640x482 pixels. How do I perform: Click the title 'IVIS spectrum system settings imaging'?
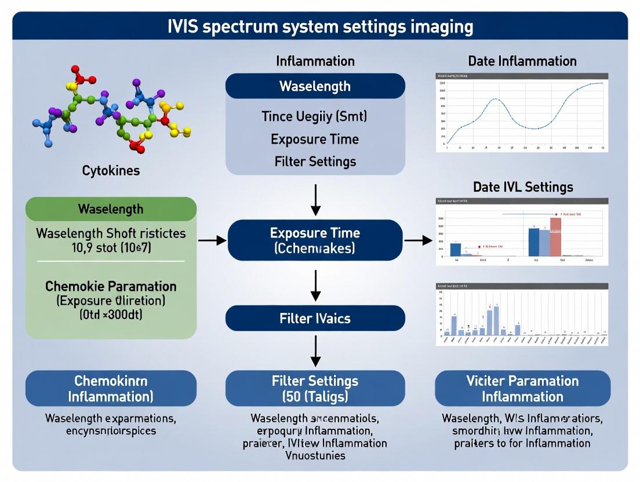click(x=319, y=27)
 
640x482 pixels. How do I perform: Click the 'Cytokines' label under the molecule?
click(x=111, y=170)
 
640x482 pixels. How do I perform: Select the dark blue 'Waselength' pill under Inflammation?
click(x=315, y=86)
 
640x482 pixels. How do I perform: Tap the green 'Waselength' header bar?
click(x=111, y=209)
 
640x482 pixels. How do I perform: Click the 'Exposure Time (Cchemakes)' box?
click(x=315, y=240)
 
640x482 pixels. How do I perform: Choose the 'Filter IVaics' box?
click(x=315, y=318)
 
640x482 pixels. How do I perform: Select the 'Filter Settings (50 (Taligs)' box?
click(x=315, y=388)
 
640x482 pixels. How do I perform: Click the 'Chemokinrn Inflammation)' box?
click(x=111, y=388)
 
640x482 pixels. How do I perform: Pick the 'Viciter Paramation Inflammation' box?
click(x=522, y=388)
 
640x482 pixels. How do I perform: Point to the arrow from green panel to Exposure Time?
click(x=212, y=240)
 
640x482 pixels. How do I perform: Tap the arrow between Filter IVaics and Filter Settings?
click(x=315, y=350)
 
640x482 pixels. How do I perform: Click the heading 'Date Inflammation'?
click(x=522, y=61)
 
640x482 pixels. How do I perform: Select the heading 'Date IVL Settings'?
click(x=522, y=187)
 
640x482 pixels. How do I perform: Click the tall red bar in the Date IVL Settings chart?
click(x=555, y=236)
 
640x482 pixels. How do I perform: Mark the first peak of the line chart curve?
click(x=494, y=100)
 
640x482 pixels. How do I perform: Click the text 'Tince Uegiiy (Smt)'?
click(x=315, y=116)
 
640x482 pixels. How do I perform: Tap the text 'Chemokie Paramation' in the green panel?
click(x=111, y=286)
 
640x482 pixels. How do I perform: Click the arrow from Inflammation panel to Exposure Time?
click(x=315, y=199)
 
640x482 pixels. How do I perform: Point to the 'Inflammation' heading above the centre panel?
click(x=315, y=61)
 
